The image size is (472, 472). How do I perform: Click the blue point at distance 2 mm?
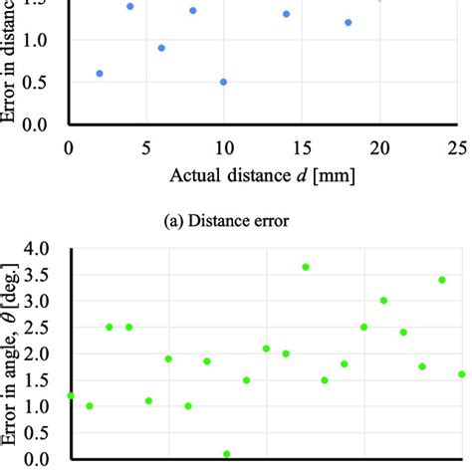click(x=99, y=74)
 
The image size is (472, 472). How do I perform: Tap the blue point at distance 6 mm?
click(x=161, y=48)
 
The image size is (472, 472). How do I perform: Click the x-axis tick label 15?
click(x=301, y=148)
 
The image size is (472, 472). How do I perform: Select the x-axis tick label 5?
click(x=145, y=148)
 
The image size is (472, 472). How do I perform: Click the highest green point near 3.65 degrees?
click(x=306, y=267)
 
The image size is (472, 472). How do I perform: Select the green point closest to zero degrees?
click(x=227, y=454)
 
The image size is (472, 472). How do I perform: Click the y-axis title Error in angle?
click(x=13, y=358)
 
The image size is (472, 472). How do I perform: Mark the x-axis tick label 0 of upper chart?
click(x=68, y=148)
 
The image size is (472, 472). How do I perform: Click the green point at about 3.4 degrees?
click(x=442, y=280)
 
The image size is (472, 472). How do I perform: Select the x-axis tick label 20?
click(x=378, y=148)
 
